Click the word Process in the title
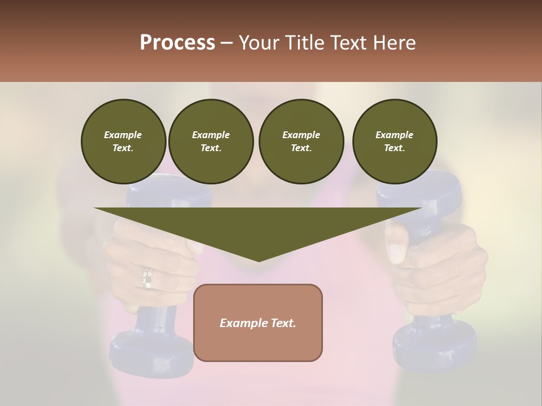(177, 43)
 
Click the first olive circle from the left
(123, 142)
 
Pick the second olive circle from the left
(211, 142)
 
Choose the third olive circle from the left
(301, 142)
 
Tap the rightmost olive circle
(394, 142)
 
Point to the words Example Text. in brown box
(258, 323)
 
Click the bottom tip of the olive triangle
(259, 260)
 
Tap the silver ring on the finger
(147, 278)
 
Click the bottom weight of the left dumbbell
(151, 350)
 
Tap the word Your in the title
(259, 43)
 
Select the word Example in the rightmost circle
(394, 135)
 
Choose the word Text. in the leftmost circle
(123, 148)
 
